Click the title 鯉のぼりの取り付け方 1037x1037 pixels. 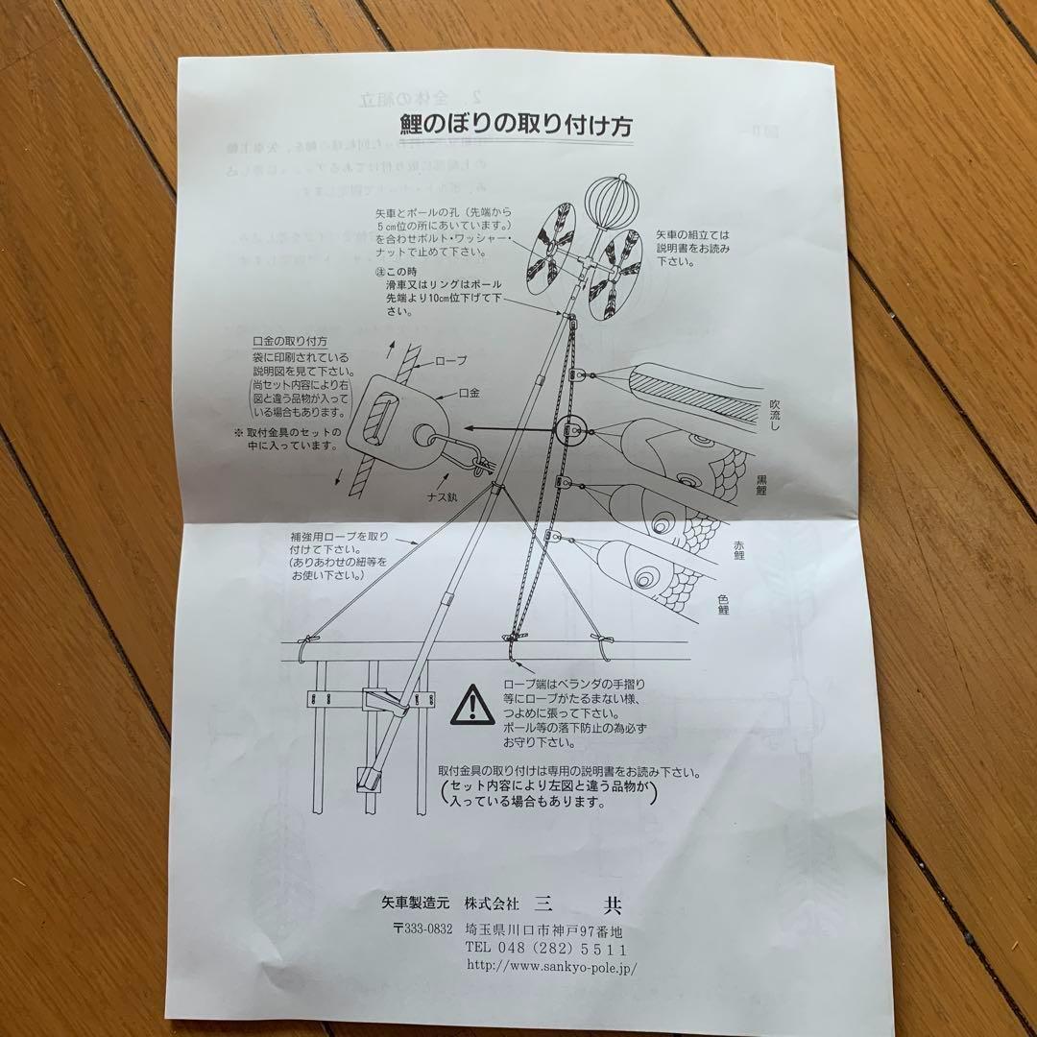[516, 126]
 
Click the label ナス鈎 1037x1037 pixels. [446, 498]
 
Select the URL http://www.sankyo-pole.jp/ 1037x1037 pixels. [551, 967]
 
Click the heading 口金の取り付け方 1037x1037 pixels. [289, 341]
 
